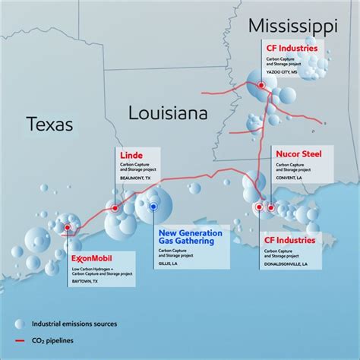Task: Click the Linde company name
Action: (x=131, y=156)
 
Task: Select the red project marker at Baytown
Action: (x=68, y=226)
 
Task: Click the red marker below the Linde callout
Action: (x=115, y=207)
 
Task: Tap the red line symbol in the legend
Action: (x=25, y=340)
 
